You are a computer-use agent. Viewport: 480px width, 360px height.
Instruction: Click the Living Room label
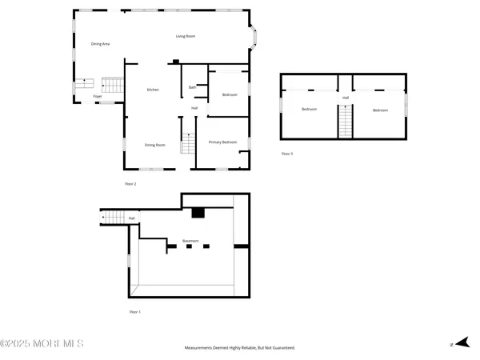(186, 36)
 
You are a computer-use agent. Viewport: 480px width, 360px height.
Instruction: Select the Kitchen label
(153, 90)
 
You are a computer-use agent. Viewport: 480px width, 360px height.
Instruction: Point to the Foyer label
(97, 96)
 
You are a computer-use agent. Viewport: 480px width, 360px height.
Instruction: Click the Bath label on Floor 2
(192, 87)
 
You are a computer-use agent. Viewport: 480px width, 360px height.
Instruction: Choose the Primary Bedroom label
(222, 142)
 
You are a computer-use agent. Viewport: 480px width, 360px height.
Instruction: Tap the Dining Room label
(154, 145)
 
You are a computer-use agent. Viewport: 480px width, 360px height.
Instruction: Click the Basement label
(190, 241)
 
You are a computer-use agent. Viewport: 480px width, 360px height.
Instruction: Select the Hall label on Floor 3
(346, 98)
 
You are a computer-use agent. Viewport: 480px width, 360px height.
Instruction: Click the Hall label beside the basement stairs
(131, 218)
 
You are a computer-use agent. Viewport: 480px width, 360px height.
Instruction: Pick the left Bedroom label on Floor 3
(310, 110)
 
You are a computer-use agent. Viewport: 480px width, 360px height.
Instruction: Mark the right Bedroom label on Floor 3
(380, 110)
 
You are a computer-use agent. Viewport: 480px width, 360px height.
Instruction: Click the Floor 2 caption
(130, 184)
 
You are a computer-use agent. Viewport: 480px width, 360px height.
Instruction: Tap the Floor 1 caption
(134, 311)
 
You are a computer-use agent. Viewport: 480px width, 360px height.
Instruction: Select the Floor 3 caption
(286, 153)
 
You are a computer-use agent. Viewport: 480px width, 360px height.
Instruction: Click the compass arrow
(459, 344)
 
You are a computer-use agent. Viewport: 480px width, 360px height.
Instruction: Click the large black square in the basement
(198, 213)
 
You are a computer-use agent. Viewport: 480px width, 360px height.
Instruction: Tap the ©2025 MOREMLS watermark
(42, 344)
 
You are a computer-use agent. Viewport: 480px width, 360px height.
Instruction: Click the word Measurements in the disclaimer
(202, 348)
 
